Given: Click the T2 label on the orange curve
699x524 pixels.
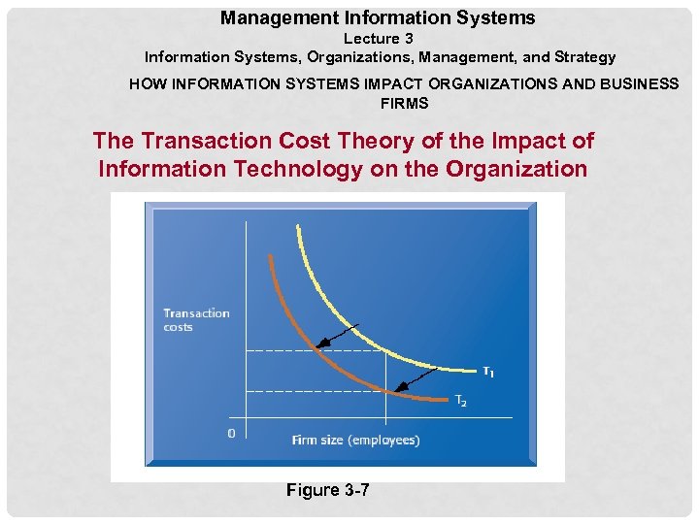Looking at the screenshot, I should point(461,401).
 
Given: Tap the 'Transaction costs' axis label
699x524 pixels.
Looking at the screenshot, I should point(196,319).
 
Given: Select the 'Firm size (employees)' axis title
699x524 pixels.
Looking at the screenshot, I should point(355,440).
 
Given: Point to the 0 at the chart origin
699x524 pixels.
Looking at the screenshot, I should point(230,433).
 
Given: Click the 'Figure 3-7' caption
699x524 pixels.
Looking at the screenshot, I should point(327,490).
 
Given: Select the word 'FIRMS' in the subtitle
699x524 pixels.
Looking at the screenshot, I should point(404,103).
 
